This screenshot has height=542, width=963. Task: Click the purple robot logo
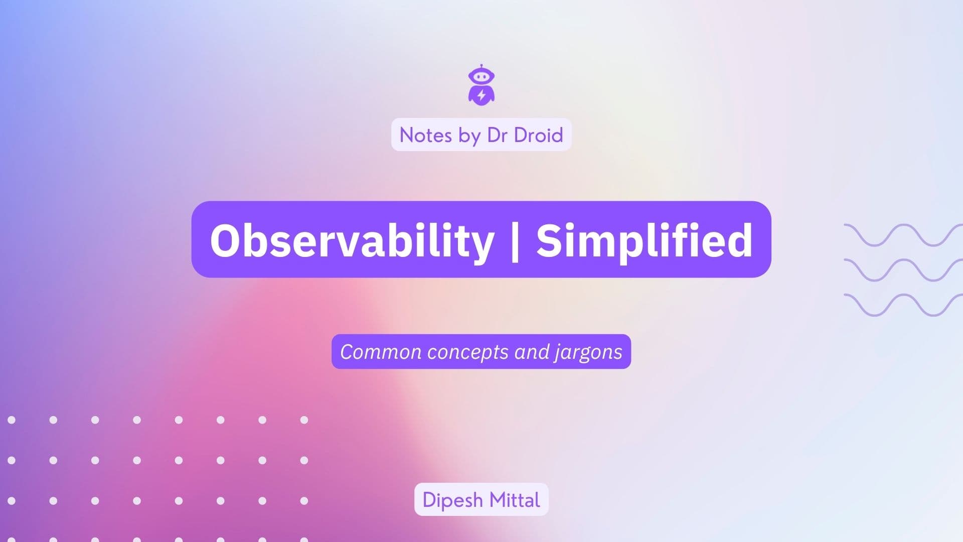[481, 85]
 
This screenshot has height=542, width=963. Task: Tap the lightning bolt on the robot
[481, 95]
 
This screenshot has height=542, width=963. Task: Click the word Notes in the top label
[425, 135]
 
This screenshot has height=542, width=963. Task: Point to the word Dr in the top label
[497, 135]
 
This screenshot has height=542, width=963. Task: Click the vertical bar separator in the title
[515, 241]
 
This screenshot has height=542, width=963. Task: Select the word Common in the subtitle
[381, 352]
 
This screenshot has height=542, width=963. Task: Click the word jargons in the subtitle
[588, 352]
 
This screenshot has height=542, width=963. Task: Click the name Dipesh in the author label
[452, 500]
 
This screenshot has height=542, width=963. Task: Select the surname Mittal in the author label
[515, 500]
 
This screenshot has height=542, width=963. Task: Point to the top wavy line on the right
[903, 235]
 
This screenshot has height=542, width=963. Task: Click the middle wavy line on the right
[903, 270]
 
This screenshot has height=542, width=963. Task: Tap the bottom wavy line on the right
[903, 305]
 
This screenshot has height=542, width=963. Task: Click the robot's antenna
[481, 66]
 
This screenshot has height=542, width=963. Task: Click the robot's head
[481, 77]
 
